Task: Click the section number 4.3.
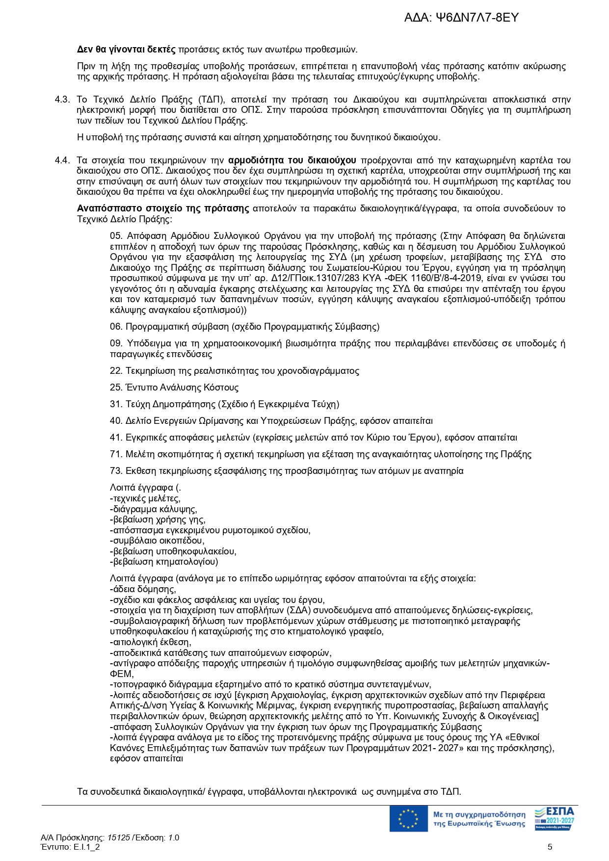click(62, 100)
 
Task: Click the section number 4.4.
click(62, 160)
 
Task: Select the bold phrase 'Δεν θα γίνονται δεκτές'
click(126, 50)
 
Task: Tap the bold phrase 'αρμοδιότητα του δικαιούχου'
click(292, 160)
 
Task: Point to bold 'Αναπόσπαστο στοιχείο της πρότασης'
click(163, 209)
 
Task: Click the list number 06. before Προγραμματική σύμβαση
click(116, 327)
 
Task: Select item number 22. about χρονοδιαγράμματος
click(116, 371)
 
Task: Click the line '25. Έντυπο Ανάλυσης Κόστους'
click(174, 388)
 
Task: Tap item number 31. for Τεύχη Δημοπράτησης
click(116, 404)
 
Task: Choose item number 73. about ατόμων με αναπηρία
click(116, 471)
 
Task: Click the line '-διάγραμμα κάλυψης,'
click(154, 509)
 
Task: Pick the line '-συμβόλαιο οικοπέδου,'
click(157, 541)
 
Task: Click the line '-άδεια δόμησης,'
click(143, 589)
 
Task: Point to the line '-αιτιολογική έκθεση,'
click(151, 642)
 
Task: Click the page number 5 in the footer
click(550, 847)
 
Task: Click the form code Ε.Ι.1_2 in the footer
click(87, 847)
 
